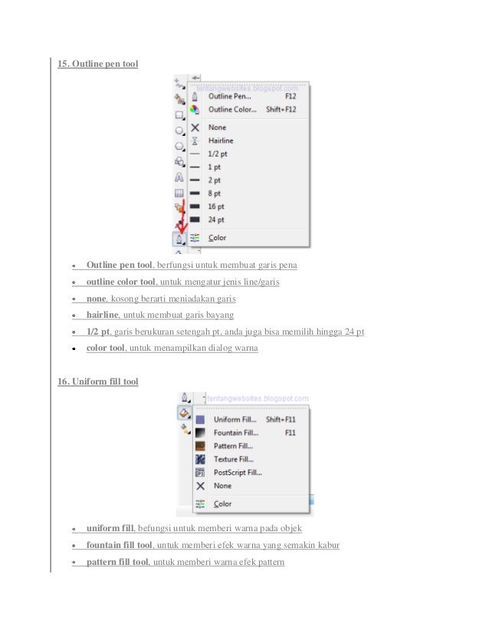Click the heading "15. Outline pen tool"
pos(98,63)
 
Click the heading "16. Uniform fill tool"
pos(98,381)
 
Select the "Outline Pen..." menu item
pos(229,97)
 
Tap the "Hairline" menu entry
pos(221,141)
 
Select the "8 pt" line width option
pos(215,193)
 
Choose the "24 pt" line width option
pos(217,220)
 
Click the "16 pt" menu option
pos(217,206)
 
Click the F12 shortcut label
pos(290,97)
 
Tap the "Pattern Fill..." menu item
pos(234,446)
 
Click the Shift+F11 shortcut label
pos(281,420)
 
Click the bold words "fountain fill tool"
pos(120,545)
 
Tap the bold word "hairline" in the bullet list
pos(103,315)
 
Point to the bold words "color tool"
pos(105,348)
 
